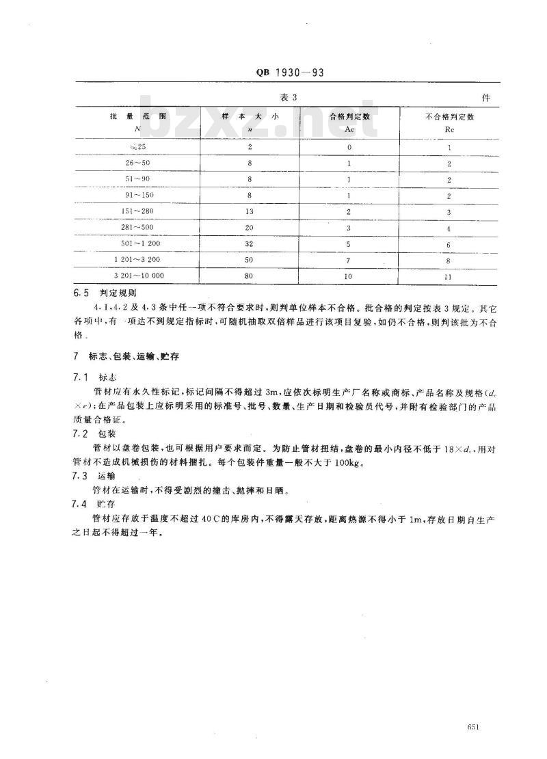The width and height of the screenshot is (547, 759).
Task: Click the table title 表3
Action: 291,97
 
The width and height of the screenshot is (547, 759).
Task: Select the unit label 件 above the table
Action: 485,98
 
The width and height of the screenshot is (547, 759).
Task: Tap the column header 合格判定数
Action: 349,116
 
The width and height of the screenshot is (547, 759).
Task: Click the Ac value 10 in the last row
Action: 349,276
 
